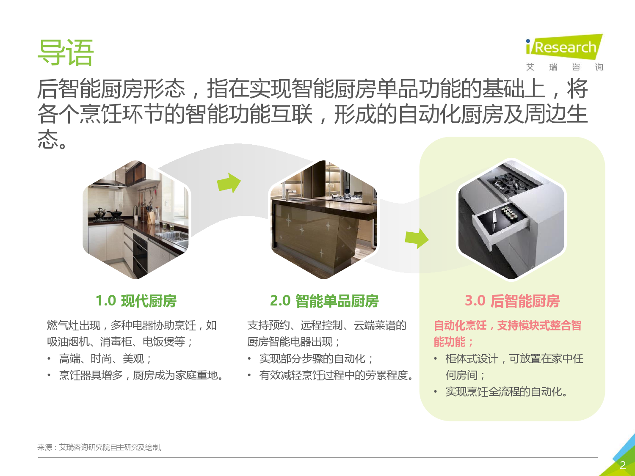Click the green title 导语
coord(65,52)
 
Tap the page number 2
coord(623,465)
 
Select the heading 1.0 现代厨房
coord(136,301)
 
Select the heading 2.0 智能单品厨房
coord(324,301)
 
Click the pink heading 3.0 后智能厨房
coord(512,301)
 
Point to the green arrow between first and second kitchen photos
coord(229,183)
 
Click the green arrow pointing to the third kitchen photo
coord(417,239)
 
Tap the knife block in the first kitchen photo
coord(150,215)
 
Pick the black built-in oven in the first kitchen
coord(140,254)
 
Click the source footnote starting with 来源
coord(100,447)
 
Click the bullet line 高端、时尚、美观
coord(105,359)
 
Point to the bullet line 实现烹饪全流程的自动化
coord(506,392)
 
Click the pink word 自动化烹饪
coord(460,325)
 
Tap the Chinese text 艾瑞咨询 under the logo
coord(564,67)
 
